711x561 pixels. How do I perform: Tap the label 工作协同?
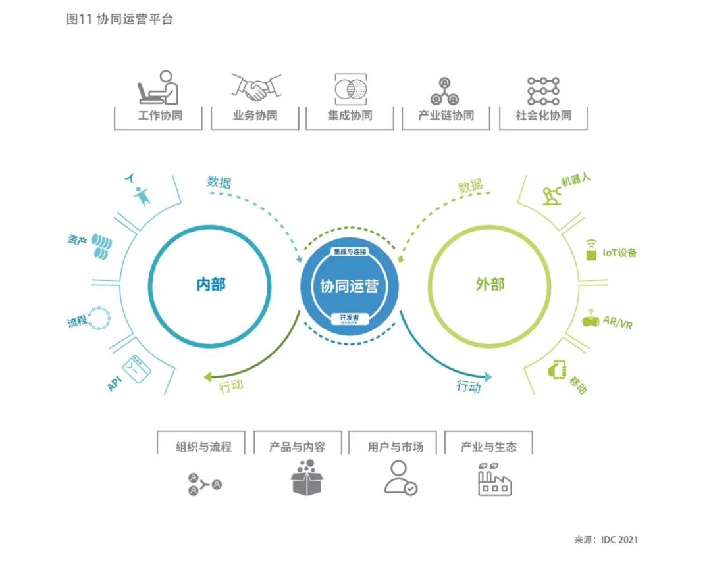pyautogui.click(x=160, y=116)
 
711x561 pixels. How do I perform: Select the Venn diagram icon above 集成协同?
pyautogui.click(x=350, y=88)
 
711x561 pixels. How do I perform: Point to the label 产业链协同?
pyautogui.click(x=446, y=116)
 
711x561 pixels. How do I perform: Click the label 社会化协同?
pyautogui.click(x=543, y=116)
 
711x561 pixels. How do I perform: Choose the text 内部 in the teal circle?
pyautogui.click(x=211, y=285)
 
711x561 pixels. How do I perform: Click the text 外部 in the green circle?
pyautogui.click(x=490, y=285)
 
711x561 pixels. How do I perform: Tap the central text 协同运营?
pyautogui.click(x=350, y=287)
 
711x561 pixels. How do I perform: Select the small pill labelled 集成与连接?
pyautogui.click(x=350, y=252)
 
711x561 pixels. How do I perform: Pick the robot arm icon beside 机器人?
pyautogui.click(x=551, y=195)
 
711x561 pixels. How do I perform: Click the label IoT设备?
pyautogui.click(x=619, y=253)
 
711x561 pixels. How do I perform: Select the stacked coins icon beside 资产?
pyautogui.click(x=101, y=247)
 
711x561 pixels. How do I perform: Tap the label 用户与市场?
pyautogui.click(x=396, y=447)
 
